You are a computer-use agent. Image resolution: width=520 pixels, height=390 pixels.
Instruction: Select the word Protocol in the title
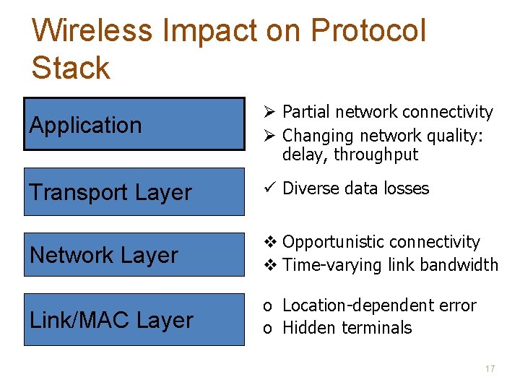[368, 31]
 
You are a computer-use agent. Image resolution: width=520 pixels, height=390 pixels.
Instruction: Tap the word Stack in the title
[71, 68]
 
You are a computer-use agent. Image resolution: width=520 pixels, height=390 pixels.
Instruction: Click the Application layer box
[134, 123]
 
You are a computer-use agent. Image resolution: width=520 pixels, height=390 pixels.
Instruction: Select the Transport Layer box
[134, 192]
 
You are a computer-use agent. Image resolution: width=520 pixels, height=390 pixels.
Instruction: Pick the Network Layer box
[134, 254]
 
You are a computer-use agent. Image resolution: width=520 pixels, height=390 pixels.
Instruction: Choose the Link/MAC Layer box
[134, 319]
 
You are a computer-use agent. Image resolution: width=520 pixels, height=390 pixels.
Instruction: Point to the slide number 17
[490, 369]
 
